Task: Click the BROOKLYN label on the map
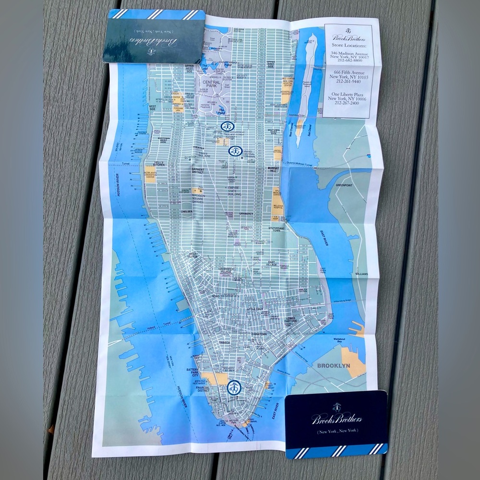(334, 365)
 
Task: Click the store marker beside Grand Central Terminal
(235, 151)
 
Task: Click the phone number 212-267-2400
(348, 103)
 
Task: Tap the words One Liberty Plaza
(348, 92)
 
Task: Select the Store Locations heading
(348, 39)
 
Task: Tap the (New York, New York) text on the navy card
(336, 433)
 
